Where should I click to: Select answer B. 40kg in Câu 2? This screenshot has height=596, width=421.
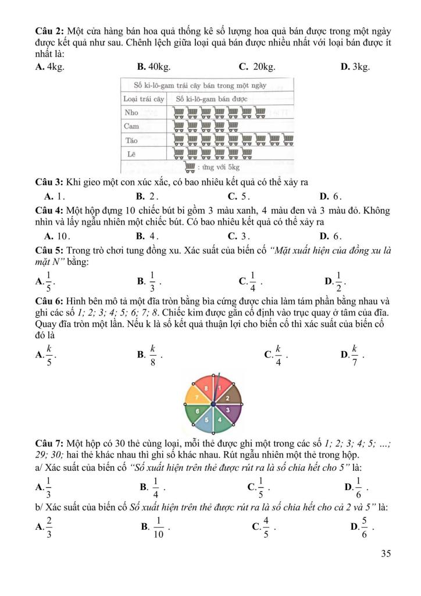click(153, 67)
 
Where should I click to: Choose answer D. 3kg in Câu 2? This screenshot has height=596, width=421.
click(355, 67)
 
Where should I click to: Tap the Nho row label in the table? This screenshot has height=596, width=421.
click(131, 112)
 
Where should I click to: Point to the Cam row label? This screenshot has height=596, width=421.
click(132, 126)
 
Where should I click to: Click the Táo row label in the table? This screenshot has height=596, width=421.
click(132, 140)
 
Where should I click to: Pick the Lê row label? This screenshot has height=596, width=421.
click(131, 154)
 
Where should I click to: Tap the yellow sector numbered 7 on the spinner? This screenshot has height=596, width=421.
click(198, 397)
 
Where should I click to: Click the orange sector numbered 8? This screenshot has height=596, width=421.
click(206, 387)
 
